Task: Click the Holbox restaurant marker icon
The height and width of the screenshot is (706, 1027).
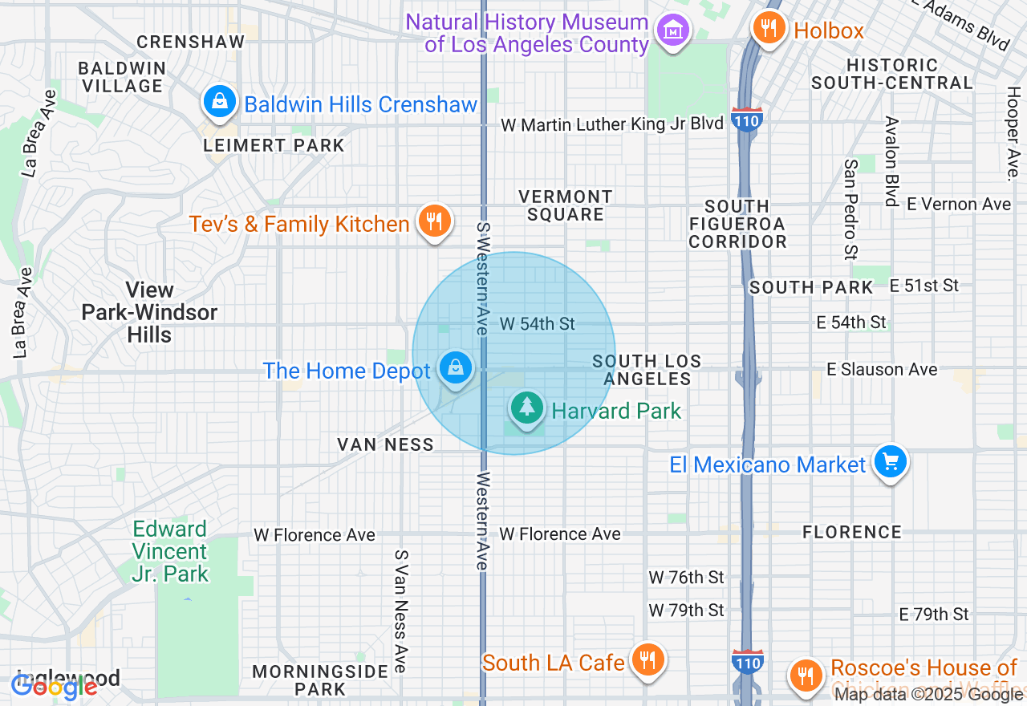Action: tap(768, 29)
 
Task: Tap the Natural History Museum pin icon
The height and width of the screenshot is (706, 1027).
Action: tap(673, 30)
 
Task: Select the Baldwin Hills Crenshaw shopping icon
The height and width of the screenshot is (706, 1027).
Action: tap(219, 102)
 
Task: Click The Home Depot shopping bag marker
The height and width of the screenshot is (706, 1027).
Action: tap(456, 368)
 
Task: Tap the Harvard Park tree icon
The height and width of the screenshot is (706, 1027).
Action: tap(526, 408)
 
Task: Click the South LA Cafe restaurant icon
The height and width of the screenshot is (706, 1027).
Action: tap(646, 659)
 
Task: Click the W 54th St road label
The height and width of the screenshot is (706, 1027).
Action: tap(538, 323)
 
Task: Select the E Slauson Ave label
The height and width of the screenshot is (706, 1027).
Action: tap(882, 369)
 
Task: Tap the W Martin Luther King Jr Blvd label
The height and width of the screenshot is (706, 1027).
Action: tap(611, 124)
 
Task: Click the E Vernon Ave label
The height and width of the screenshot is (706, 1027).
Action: tap(959, 204)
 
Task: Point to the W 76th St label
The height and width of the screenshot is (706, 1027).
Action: tap(686, 577)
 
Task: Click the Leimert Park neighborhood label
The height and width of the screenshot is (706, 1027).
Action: tap(274, 145)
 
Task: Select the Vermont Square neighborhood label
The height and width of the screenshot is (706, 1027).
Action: tap(566, 205)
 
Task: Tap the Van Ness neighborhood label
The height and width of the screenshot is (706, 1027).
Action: tap(385, 444)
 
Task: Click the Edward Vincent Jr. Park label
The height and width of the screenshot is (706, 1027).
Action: tap(170, 552)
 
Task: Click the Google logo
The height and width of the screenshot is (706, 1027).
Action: tap(55, 686)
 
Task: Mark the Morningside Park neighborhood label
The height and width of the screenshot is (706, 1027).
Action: tap(298, 680)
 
